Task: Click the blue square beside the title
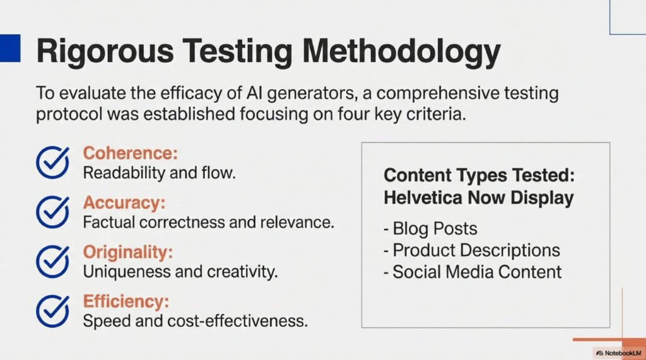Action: tap(10, 47)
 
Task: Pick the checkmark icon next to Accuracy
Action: tap(52, 212)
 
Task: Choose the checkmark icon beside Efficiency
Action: tap(52, 310)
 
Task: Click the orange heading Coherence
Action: tap(131, 154)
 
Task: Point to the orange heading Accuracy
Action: tap(124, 203)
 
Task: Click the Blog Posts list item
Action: tap(431, 228)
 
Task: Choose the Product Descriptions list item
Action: tap(472, 250)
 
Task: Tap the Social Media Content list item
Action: tap(473, 272)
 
